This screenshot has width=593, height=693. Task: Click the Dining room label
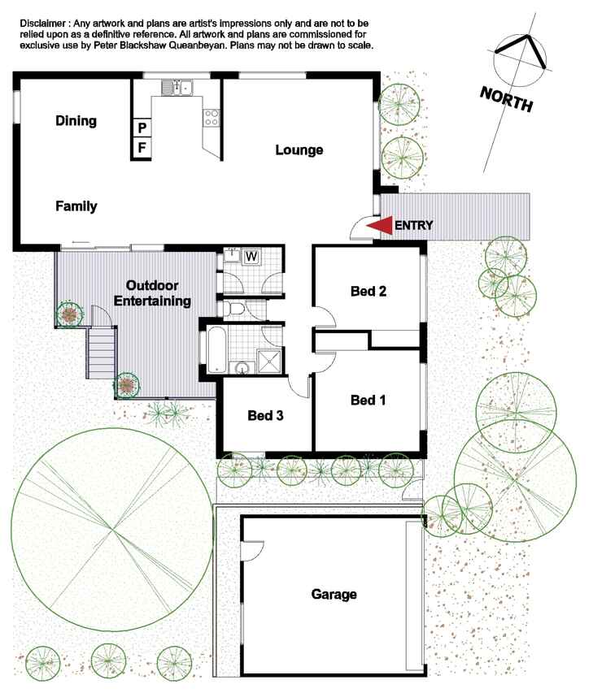click(76, 121)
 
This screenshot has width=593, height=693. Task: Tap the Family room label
click(76, 206)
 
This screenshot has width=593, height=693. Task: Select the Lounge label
click(299, 149)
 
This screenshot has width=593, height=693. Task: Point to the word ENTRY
click(414, 225)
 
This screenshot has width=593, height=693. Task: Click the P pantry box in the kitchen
click(142, 128)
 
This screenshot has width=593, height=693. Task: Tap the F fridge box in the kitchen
click(142, 148)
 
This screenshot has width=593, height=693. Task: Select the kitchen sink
click(177, 88)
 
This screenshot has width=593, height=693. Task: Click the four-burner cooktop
click(211, 118)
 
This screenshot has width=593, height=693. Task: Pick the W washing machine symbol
click(251, 257)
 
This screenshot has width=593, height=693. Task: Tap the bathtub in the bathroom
click(217, 349)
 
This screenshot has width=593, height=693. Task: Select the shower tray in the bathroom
click(269, 362)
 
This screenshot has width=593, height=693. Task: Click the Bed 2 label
click(368, 291)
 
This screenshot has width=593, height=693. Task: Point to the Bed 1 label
click(368, 401)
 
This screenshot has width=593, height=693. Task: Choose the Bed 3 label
click(265, 415)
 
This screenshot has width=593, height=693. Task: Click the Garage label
click(334, 595)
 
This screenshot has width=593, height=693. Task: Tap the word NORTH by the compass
click(507, 99)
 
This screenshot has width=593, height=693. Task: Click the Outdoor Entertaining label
click(152, 293)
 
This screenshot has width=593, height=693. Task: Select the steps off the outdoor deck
click(102, 353)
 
